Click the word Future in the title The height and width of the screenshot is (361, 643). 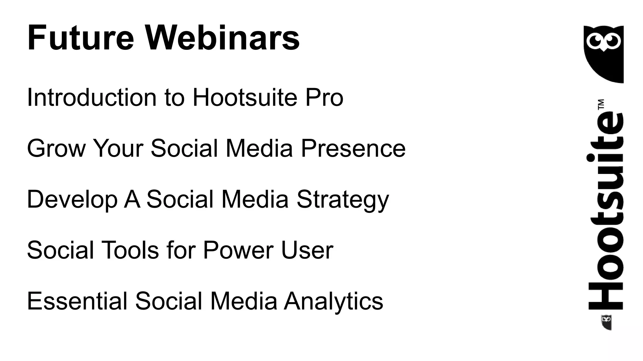click(81, 38)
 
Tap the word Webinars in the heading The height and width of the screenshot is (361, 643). click(222, 38)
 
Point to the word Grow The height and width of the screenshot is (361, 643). click(56, 148)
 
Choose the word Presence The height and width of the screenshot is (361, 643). click(353, 148)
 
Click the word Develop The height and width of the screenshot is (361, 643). click(72, 200)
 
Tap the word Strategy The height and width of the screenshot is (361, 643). click(343, 200)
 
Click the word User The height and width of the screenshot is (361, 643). click(307, 250)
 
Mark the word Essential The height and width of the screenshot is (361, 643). click(77, 301)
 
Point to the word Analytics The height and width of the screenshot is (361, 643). click(333, 301)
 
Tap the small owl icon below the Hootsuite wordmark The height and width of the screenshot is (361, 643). click(606, 322)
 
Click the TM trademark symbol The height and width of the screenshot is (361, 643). click(601, 104)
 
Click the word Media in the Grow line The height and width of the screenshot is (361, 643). click(259, 148)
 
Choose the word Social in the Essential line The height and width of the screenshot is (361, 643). click(169, 301)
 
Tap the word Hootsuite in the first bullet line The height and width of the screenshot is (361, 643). click(245, 97)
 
